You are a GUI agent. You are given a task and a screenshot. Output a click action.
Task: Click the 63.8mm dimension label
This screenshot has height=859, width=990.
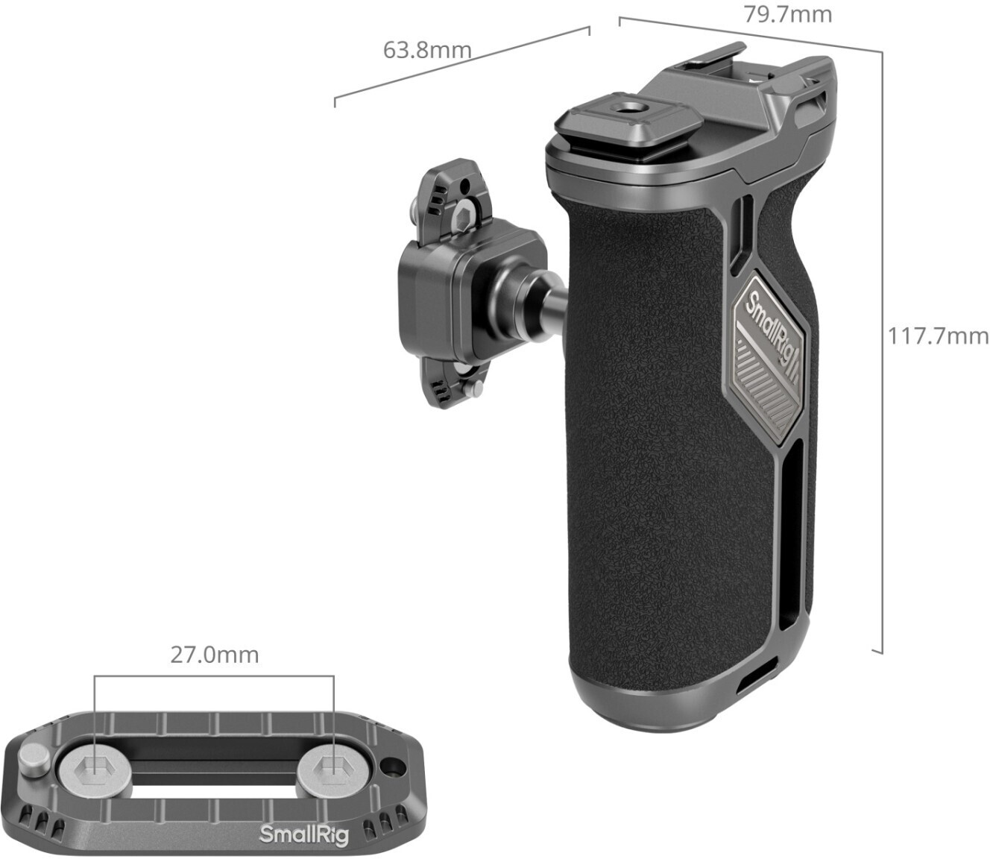coord(427,50)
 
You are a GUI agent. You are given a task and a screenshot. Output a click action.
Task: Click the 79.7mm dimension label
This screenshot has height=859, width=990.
coord(787,13)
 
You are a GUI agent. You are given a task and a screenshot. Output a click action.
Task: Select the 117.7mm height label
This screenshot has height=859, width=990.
coord(938,336)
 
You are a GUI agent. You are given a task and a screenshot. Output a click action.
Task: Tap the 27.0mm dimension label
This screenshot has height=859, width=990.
coord(215,655)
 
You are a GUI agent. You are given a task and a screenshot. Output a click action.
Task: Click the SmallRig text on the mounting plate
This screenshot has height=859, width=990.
coord(304,834)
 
